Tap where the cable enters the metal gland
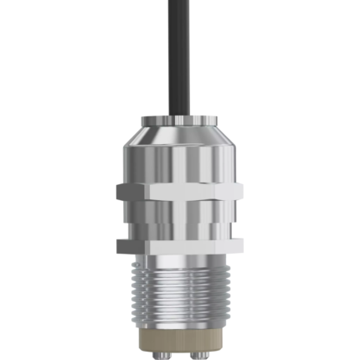(x=180, y=116)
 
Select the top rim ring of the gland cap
(x=180, y=122)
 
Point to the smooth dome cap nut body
(x=180, y=163)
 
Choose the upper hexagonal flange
(x=180, y=191)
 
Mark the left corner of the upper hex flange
(x=119, y=192)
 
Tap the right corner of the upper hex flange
(x=242, y=192)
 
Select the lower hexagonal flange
(x=180, y=246)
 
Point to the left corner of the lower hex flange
(x=119, y=246)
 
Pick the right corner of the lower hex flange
(x=242, y=246)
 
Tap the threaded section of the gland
(x=180, y=293)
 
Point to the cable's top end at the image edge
(x=180, y=3)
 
